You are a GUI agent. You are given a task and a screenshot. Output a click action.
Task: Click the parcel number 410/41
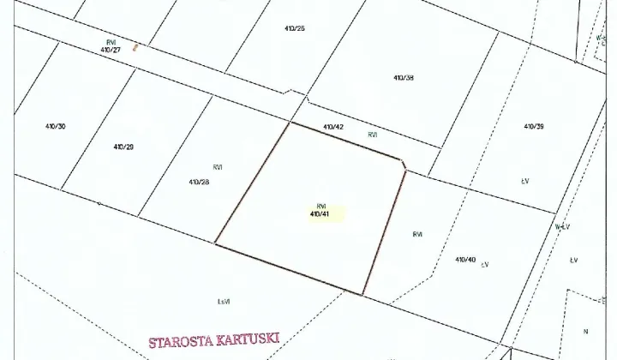click(x=320, y=213)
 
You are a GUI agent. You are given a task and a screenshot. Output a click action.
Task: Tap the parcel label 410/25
click(x=295, y=28)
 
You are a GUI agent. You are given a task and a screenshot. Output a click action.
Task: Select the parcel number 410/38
click(x=404, y=78)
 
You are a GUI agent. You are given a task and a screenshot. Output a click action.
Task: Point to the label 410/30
click(x=56, y=126)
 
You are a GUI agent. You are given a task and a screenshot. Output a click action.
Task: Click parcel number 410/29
click(x=123, y=147)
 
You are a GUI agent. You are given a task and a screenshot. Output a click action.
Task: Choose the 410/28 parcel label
click(x=199, y=182)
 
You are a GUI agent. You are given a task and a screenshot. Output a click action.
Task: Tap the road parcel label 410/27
click(x=111, y=50)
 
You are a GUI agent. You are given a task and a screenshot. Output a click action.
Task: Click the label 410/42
click(x=333, y=127)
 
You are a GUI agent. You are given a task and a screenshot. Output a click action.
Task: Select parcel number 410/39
click(x=534, y=126)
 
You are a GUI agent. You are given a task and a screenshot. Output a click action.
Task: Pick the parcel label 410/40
click(x=465, y=259)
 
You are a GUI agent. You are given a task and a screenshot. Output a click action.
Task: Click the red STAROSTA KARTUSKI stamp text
click(x=214, y=341)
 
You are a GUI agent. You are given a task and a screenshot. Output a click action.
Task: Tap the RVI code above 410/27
click(x=111, y=42)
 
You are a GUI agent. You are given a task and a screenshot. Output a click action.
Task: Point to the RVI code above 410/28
click(x=218, y=167)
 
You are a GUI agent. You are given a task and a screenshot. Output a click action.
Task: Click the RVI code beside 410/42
click(x=373, y=135)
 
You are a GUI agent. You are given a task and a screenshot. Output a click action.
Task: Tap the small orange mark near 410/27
click(x=135, y=47)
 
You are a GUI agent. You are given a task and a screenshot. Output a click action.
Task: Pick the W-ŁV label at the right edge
click(x=562, y=227)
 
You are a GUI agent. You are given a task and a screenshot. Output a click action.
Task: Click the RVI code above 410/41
click(x=321, y=206)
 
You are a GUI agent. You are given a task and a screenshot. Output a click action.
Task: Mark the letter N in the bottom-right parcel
click(x=585, y=331)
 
